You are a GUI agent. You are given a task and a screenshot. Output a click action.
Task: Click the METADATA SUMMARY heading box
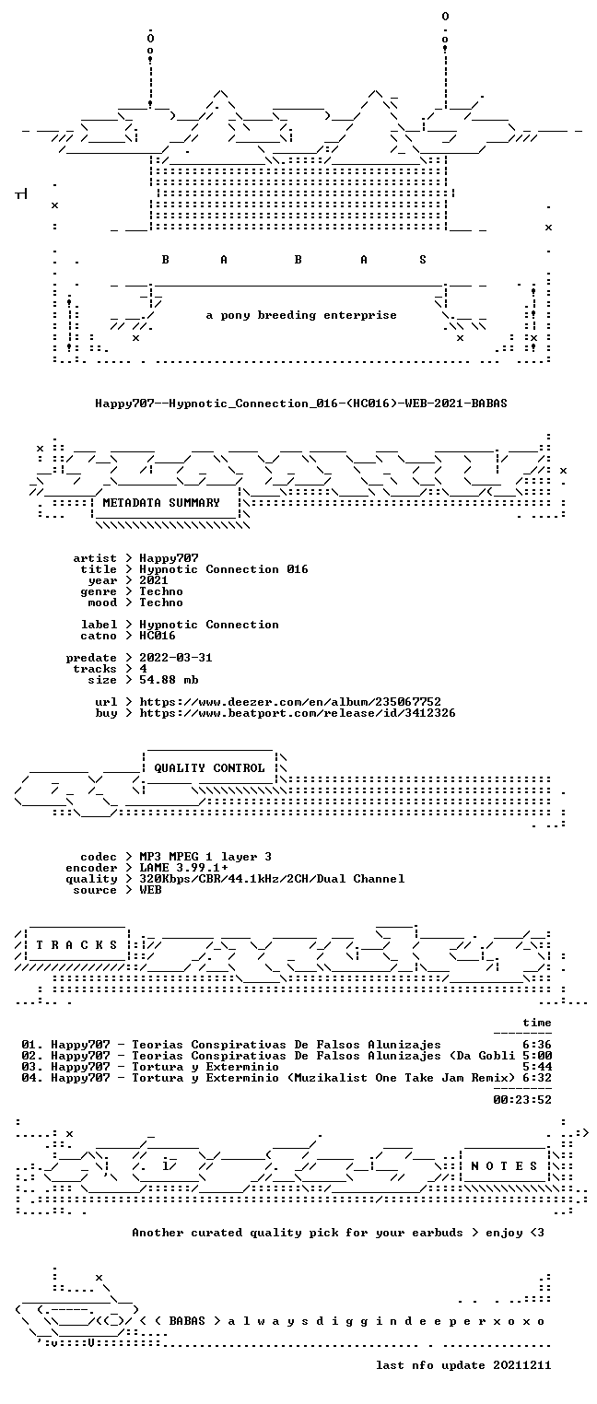click(161, 503)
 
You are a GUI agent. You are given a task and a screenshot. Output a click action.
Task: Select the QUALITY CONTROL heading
click(209, 767)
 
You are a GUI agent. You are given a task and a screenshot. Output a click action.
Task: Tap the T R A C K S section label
click(77, 944)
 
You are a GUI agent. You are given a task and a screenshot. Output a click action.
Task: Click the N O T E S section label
click(504, 1165)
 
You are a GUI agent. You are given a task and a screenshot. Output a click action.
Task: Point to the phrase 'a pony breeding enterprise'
click(301, 315)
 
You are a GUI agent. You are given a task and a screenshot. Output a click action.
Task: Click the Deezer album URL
click(290, 702)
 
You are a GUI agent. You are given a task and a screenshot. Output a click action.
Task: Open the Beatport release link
click(298, 713)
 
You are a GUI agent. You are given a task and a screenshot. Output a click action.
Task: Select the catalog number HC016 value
click(158, 636)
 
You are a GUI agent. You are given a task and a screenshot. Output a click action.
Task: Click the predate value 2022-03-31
click(176, 658)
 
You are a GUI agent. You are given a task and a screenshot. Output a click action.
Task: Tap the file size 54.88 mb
click(169, 680)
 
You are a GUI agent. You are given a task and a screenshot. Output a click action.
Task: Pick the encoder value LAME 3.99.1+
click(183, 868)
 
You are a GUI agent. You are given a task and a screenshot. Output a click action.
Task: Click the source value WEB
click(150, 890)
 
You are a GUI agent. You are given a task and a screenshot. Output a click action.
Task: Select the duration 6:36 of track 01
click(537, 1045)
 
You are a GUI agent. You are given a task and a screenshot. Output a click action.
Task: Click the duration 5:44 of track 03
click(537, 1067)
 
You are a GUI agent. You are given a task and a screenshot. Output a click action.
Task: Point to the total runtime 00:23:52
click(522, 1099)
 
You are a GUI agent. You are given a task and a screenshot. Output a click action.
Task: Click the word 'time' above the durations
click(537, 1023)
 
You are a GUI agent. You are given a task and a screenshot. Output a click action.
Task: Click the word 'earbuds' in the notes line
click(437, 1233)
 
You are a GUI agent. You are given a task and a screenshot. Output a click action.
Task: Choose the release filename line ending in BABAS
click(301, 404)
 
